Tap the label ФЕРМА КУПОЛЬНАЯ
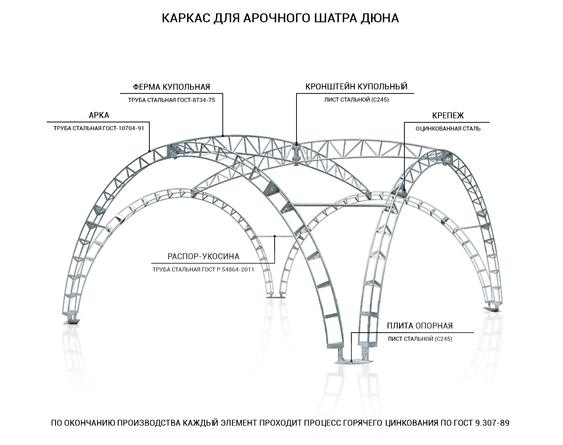171,87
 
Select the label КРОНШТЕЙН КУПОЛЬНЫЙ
356,86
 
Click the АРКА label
99,115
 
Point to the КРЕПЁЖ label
448,115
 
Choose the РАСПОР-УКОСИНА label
203,256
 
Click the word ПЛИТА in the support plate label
400,326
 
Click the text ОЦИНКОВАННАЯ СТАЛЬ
448,129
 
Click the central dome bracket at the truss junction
296,154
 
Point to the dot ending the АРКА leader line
149,151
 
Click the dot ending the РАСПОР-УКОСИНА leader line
275,236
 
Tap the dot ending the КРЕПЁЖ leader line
404,190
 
